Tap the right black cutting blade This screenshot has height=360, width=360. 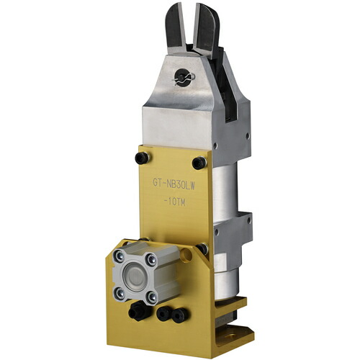point(206,30)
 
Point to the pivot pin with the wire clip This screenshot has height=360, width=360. point(184,77)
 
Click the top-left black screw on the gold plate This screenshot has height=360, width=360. point(142,158)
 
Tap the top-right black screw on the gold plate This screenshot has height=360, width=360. point(199,163)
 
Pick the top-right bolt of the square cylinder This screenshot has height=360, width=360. point(152,259)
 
